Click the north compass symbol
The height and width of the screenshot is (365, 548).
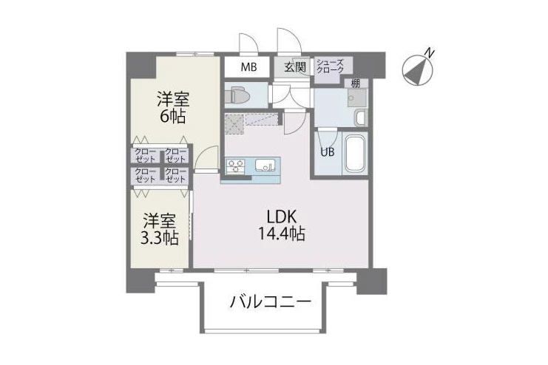418,70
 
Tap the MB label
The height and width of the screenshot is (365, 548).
248,66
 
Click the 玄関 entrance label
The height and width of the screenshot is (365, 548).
295,66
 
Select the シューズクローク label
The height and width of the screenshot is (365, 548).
331,66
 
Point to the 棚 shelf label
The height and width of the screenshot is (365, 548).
356,83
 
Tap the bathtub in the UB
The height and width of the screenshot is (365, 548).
355,154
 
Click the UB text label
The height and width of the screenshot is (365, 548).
328,152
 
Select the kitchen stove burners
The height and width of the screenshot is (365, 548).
236,165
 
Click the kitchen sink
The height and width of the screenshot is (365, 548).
265,165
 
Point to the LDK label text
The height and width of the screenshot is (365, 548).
282,217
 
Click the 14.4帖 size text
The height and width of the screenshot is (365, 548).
281,233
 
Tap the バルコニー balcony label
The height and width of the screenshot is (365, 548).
270,301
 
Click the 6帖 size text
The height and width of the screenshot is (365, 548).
172,116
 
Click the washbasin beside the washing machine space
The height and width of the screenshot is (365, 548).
360,117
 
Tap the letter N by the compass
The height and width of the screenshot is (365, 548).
430,53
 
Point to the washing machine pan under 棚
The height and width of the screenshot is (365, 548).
357,98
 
